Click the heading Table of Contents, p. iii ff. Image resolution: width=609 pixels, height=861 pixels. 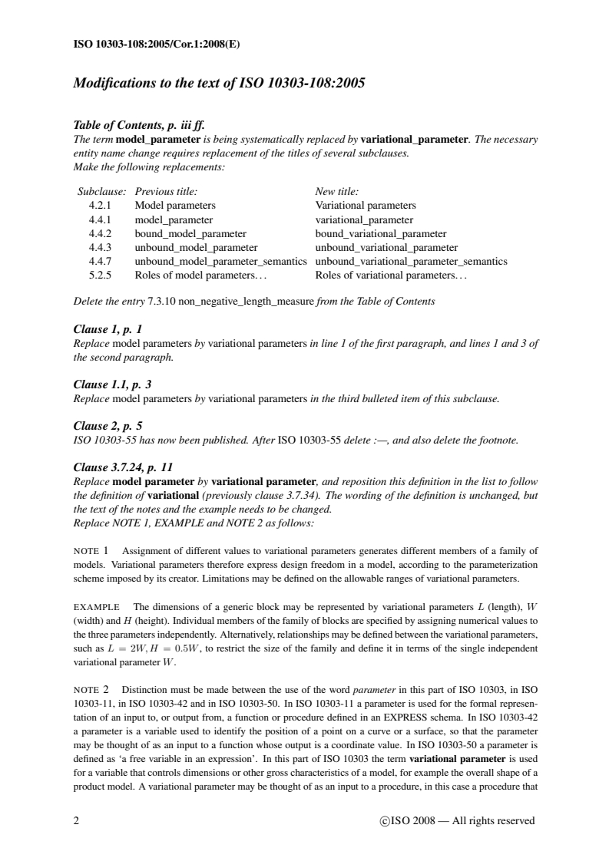pyautogui.click(x=139, y=127)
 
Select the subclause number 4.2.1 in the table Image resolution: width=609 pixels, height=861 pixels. pyautogui.click(x=101, y=206)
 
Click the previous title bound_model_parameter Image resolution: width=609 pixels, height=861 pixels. pyautogui.click(x=190, y=233)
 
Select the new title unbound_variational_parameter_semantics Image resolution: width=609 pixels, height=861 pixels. pyautogui.click(x=411, y=261)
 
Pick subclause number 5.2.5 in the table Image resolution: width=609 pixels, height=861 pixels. pyautogui.click(x=101, y=275)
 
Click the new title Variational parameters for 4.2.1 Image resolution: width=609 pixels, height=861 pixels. pyautogui.click(x=366, y=206)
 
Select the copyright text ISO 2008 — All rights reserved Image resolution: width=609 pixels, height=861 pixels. pyautogui.click(x=457, y=821)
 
